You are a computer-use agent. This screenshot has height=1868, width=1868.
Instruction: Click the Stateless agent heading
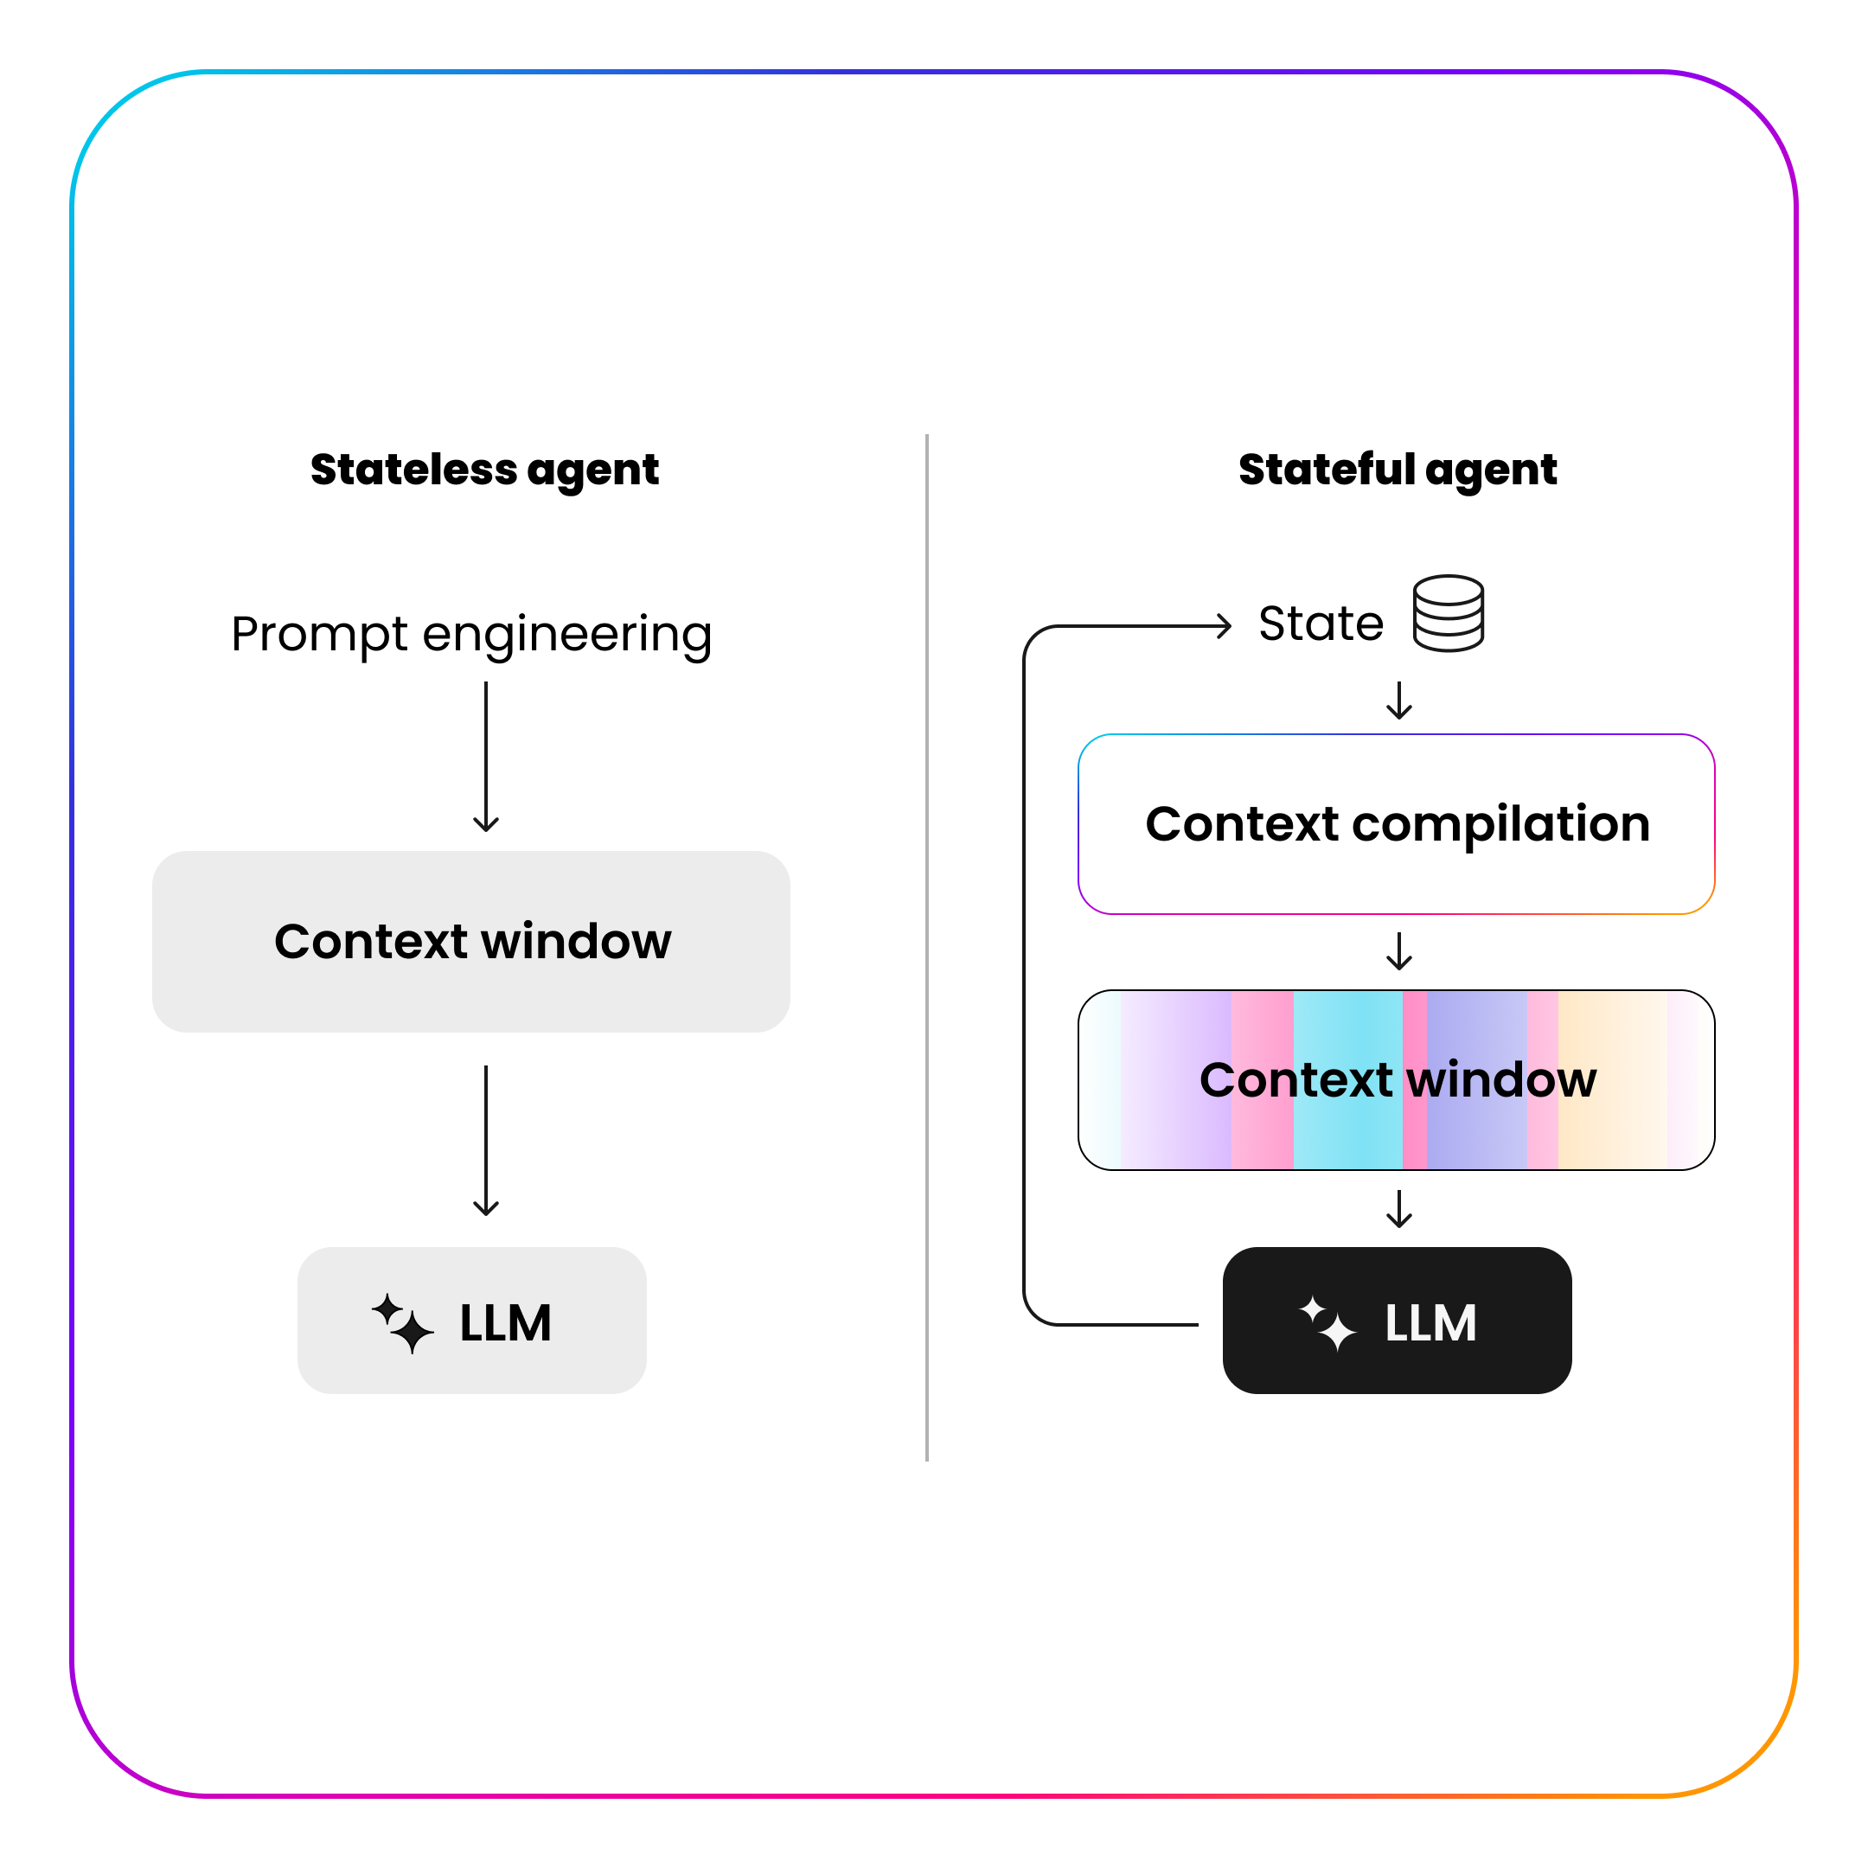coord(484,470)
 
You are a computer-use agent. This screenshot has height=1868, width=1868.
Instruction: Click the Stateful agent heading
coord(1398,470)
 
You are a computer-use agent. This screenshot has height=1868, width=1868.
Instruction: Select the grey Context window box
coord(470,941)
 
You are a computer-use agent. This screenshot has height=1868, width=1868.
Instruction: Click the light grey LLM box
coord(472,1320)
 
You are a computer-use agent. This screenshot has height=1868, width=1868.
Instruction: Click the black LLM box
coord(1398,1320)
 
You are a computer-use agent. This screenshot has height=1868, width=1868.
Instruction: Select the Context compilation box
coord(1396,824)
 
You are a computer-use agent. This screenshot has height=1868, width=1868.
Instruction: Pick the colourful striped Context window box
coord(1396,1079)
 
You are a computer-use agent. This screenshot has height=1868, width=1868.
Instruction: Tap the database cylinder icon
coord(1448,613)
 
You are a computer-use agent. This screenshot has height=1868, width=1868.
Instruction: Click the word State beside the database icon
coord(1321,624)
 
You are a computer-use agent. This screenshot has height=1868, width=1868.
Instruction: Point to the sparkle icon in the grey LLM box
coord(402,1322)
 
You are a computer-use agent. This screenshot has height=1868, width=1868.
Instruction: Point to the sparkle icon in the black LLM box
coord(1327,1322)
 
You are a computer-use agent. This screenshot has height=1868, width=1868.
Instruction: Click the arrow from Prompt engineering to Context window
coord(486,756)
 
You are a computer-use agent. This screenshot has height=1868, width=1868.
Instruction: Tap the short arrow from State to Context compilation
coord(1399,700)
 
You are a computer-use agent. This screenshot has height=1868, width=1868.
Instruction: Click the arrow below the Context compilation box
coord(1399,950)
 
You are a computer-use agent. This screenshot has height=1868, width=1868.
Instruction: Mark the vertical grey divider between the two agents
coord(926,948)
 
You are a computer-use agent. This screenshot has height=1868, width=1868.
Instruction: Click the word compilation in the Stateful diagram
coord(1500,824)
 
